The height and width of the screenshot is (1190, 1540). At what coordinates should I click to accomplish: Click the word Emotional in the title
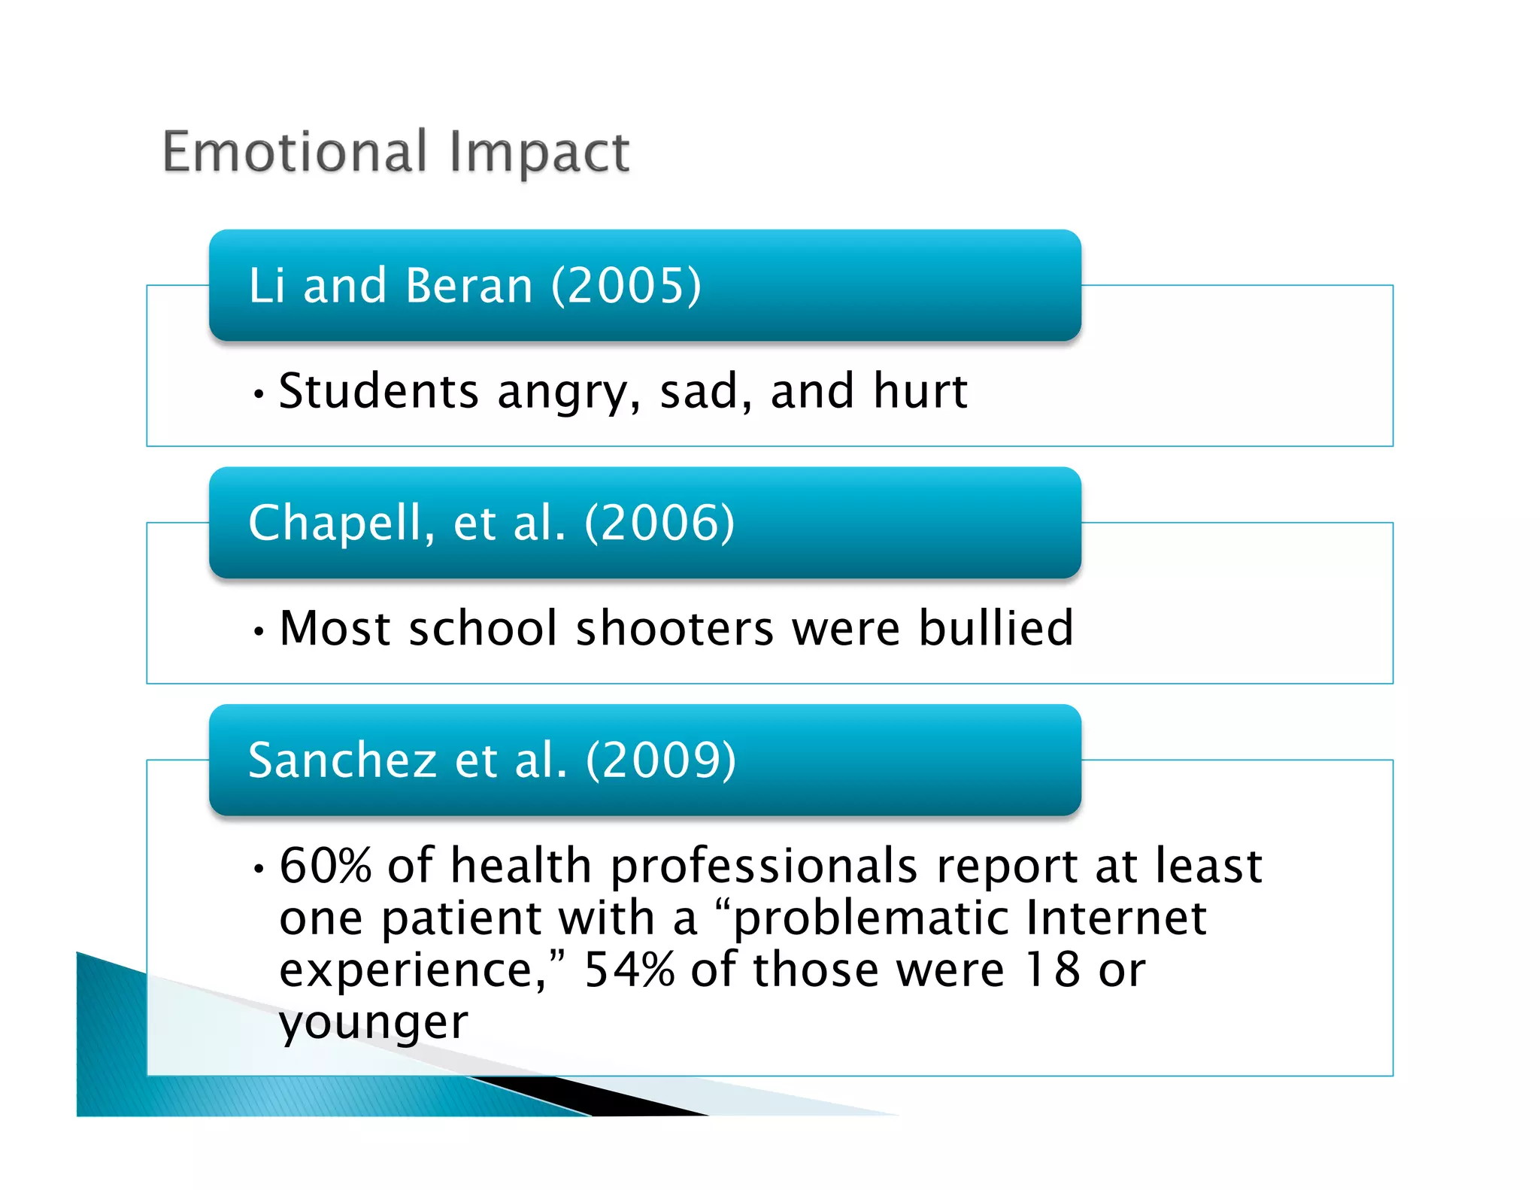(x=295, y=152)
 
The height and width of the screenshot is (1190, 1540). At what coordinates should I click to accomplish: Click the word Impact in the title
(x=539, y=153)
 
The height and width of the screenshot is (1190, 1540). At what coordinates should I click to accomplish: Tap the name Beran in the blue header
(x=469, y=286)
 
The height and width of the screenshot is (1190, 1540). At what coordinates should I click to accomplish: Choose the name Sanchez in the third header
(x=342, y=760)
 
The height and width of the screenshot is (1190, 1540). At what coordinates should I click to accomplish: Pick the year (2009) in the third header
(x=660, y=760)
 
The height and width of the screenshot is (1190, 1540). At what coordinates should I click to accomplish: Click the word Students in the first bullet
(x=378, y=391)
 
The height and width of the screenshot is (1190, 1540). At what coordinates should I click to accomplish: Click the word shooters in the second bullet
(x=675, y=628)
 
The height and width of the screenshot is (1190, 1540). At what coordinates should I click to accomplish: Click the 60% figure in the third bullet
(x=325, y=865)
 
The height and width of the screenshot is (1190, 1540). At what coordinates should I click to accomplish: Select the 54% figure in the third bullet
(x=629, y=970)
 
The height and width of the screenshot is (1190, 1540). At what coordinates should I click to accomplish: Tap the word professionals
(x=764, y=867)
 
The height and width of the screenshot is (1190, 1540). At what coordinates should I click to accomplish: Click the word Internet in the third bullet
(x=1116, y=918)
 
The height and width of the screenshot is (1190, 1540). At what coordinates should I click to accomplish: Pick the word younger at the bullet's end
(x=374, y=1023)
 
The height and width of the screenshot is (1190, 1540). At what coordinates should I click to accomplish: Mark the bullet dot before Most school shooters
(x=259, y=631)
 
